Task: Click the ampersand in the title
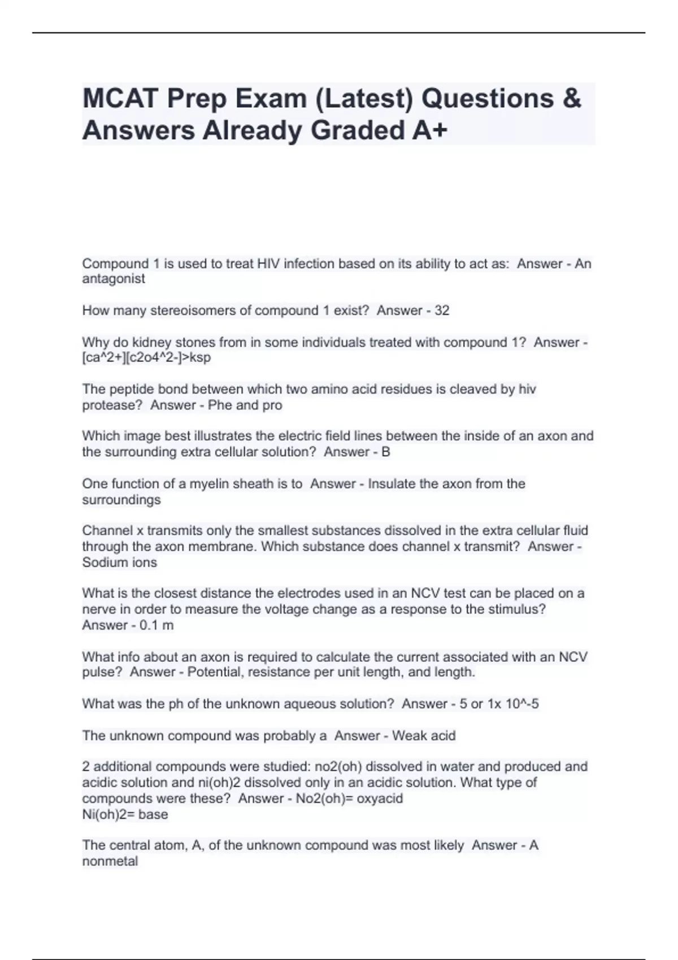(572, 99)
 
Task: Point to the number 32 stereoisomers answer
(442, 311)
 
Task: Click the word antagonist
(114, 279)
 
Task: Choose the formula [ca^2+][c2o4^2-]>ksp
(146, 357)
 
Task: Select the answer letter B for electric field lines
(386, 452)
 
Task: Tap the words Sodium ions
(119, 562)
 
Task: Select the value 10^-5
(523, 704)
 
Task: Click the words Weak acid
(424, 736)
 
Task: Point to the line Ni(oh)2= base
(125, 814)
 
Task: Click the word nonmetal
(110, 861)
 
